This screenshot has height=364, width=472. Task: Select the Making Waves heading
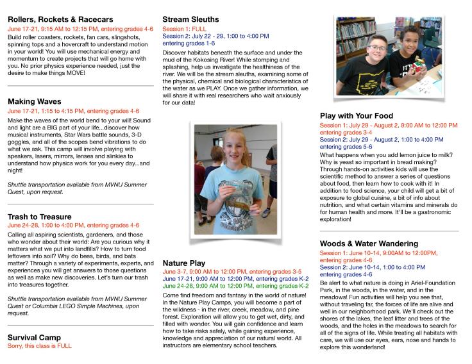35,101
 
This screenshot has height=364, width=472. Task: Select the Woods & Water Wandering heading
378,244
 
